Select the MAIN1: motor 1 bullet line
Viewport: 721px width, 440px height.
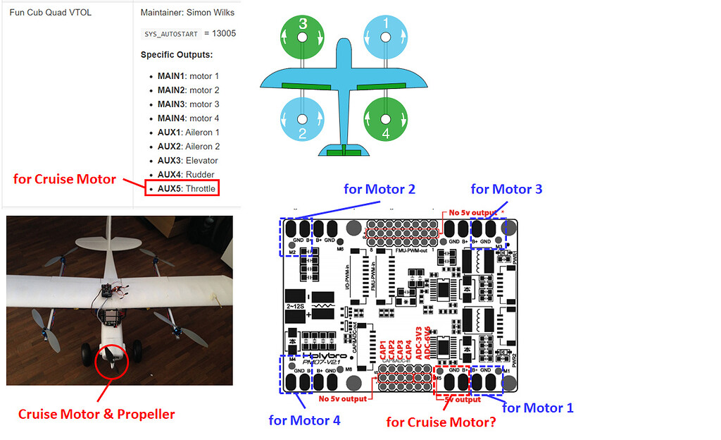188,76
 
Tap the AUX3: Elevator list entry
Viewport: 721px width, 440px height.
187,161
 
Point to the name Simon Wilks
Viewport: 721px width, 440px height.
208,13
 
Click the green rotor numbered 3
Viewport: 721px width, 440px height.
303,32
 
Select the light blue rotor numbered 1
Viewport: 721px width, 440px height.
385,32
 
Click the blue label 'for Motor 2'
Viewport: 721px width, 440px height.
379,189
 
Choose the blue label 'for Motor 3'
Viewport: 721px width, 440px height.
506,189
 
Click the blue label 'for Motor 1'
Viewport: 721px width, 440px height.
537,408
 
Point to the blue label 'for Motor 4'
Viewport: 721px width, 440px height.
304,420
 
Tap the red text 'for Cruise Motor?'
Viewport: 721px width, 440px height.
441,422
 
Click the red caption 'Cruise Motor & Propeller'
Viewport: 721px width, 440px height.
96,414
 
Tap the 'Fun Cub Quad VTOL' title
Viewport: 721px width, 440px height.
50,13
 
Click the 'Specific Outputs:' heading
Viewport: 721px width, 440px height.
177,55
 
